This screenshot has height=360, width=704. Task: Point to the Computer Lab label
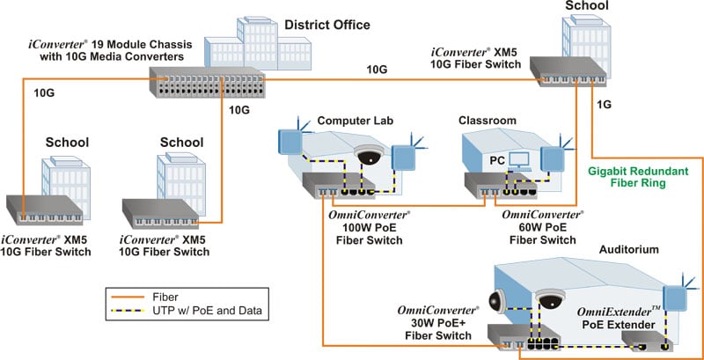point(350,120)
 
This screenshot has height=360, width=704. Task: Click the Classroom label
point(487,120)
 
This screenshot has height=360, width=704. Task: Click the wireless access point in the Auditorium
point(676,297)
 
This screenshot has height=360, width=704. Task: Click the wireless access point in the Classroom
point(554,156)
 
